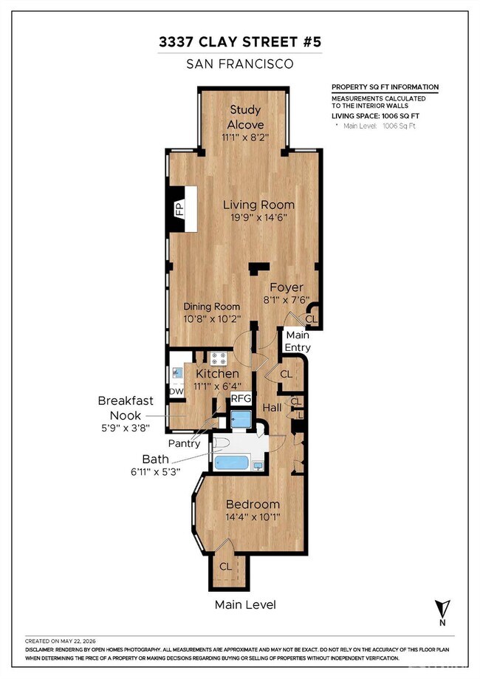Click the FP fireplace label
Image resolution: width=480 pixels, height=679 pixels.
point(179,210)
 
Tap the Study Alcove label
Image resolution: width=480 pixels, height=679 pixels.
point(245,117)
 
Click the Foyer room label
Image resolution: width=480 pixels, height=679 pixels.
point(286,287)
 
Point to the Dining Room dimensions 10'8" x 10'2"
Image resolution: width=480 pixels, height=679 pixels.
point(212,318)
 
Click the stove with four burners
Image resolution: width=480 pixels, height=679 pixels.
point(219,358)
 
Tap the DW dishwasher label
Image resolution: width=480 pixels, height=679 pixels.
point(176,392)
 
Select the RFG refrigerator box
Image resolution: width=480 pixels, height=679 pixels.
point(241,398)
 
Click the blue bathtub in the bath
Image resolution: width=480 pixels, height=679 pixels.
point(232,462)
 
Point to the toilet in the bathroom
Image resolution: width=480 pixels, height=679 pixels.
point(221,443)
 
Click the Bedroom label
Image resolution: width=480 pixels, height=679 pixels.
point(253,504)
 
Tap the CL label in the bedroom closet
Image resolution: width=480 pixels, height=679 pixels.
point(225,567)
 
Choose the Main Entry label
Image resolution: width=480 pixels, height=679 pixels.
point(298,341)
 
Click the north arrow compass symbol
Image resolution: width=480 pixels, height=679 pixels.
point(442,613)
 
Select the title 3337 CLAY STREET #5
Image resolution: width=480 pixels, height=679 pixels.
point(240,42)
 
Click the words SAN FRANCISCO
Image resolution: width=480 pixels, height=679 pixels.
point(240,64)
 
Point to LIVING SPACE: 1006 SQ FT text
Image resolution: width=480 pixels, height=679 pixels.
point(375,115)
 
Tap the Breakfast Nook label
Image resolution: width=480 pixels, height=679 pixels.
point(126,408)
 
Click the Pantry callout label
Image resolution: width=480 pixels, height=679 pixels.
point(185,443)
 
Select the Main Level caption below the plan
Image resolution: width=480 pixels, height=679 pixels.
point(245,604)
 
